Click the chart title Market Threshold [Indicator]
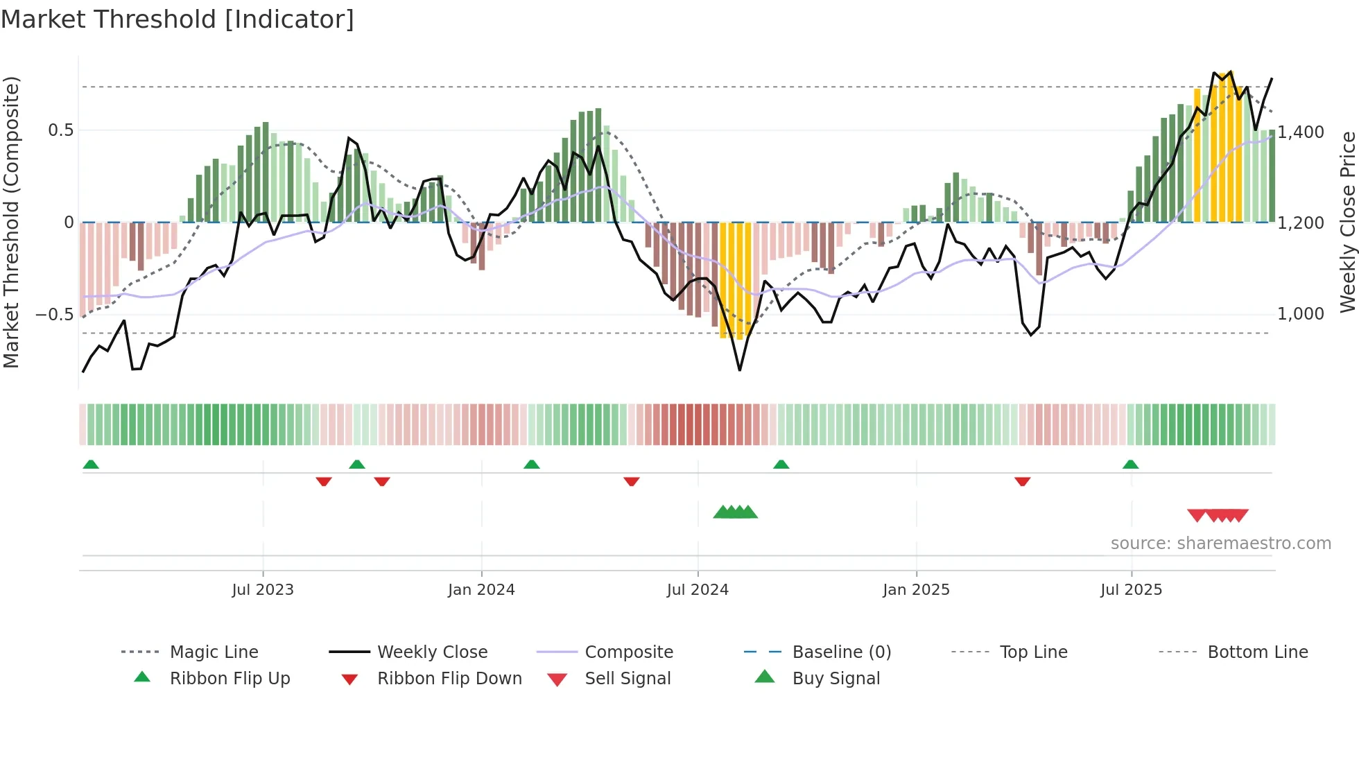point(178,19)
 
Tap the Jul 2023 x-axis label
point(263,590)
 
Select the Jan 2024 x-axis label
point(481,590)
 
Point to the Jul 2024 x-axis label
point(698,590)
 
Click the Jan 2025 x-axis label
point(916,590)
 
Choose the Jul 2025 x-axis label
point(1131,590)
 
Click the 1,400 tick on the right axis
point(1301,132)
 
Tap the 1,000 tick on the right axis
point(1301,314)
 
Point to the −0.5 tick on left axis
point(54,315)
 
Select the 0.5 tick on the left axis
point(60,130)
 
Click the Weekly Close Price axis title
point(1347,222)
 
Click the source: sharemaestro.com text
point(1220,544)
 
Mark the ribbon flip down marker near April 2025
point(1022,481)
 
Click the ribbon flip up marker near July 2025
point(1130,465)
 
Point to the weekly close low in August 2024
point(740,370)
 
